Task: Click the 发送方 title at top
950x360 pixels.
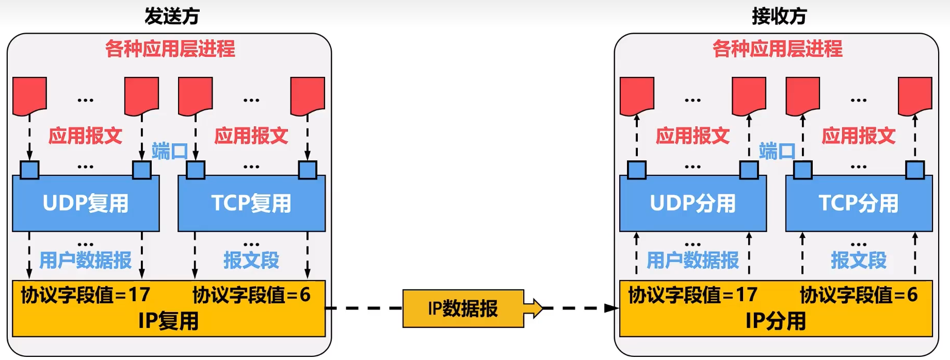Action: coord(172,16)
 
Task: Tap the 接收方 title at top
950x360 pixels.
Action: coord(779,16)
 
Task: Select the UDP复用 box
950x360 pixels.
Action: coord(86,203)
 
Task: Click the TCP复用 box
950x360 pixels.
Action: coord(251,203)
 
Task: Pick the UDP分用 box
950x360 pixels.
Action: coord(693,203)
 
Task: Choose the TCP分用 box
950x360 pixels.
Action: coord(859,203)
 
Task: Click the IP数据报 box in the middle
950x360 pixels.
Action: coord(463,308)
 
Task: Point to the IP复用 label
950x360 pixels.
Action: coord(168,321)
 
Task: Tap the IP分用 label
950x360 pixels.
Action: coord(776,321)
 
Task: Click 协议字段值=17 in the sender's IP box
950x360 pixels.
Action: coord(86,295)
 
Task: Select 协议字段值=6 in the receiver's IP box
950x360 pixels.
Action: coord(859,295)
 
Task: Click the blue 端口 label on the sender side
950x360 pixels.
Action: coord(169,151)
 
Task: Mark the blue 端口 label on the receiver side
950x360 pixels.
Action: coord(777,151)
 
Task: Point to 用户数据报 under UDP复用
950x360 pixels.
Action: coord(86,260)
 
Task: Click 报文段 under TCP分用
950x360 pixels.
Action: coord(859,260)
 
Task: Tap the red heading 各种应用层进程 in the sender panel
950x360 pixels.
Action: coord(170,49)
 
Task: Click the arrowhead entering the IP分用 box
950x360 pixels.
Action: coord(612,308)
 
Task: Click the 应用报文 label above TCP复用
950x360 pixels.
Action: coord(251,136)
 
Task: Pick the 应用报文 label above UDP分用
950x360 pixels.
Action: coord(693,136)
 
